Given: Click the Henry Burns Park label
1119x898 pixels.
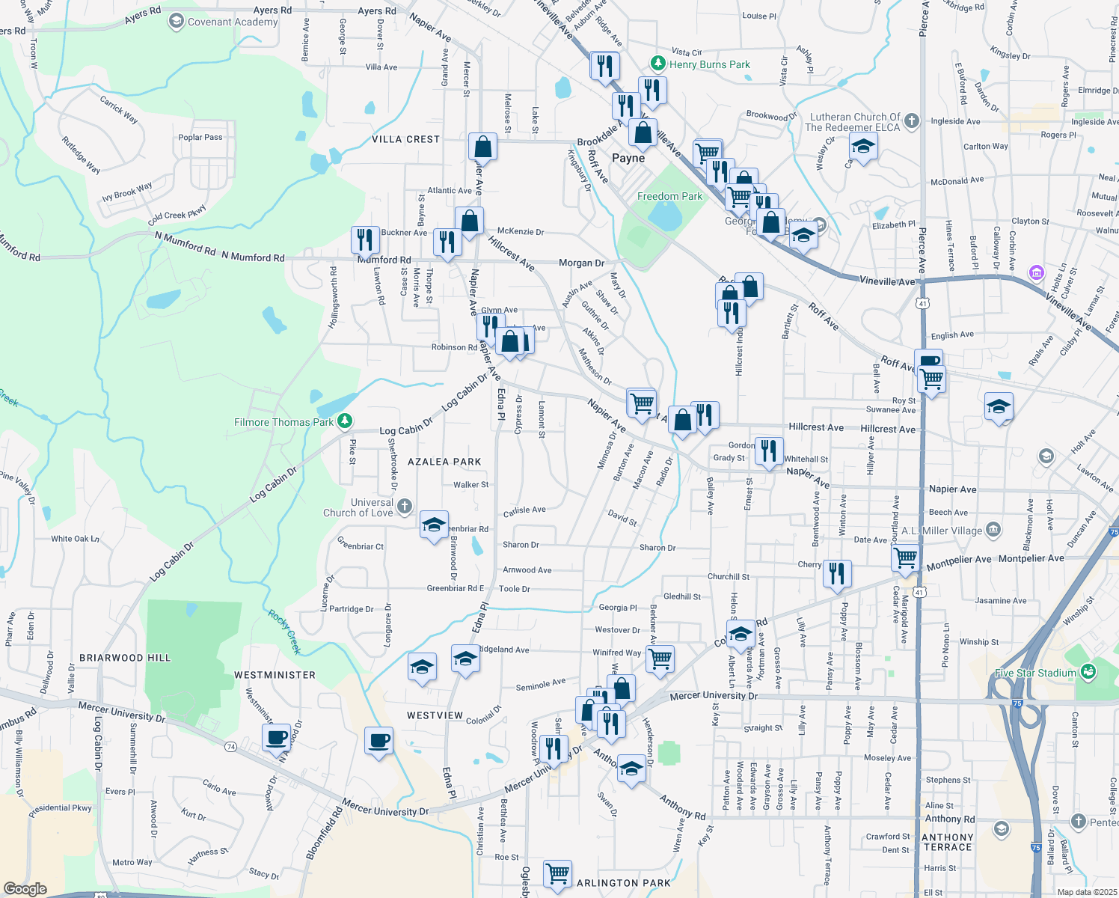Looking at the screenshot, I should (x=709, y=64).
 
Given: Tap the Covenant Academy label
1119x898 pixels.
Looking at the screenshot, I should (x=232, y=22).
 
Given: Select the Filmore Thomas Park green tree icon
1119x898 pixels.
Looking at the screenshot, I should (x=344, y=422).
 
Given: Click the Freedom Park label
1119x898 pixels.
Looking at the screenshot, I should (x=669, y=196).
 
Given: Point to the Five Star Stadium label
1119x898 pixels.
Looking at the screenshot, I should (x=1035, y=673).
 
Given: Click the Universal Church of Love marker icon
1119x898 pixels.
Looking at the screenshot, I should (x=405, y=507).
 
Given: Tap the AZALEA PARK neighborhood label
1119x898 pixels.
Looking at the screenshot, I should (x=444, y=462).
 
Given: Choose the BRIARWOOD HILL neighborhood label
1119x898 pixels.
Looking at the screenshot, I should (x=125, y=658).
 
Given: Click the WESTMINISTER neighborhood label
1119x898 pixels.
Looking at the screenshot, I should (x=275, y=675).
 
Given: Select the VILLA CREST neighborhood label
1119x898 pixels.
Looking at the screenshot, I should (x=406, y=139).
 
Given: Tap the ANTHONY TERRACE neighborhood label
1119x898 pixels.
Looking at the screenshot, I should (x=947, y=842).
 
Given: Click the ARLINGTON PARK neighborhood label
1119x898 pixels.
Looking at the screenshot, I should (x=624, y=883).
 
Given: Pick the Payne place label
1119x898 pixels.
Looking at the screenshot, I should (x=628, y=158).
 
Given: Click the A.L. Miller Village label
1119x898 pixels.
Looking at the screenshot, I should (x=942, y=531).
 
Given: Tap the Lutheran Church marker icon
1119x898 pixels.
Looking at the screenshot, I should (x=911, y=120).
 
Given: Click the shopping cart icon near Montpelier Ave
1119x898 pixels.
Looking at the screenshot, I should (x=906, y=557).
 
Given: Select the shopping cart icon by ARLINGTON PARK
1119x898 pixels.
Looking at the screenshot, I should (x=557, y=873).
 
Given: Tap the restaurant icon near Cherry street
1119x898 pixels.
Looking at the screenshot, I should (x=837, y=572).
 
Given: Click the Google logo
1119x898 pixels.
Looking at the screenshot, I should (x=25, y=889).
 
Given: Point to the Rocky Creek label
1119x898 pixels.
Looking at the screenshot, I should (x=284, y=633).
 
